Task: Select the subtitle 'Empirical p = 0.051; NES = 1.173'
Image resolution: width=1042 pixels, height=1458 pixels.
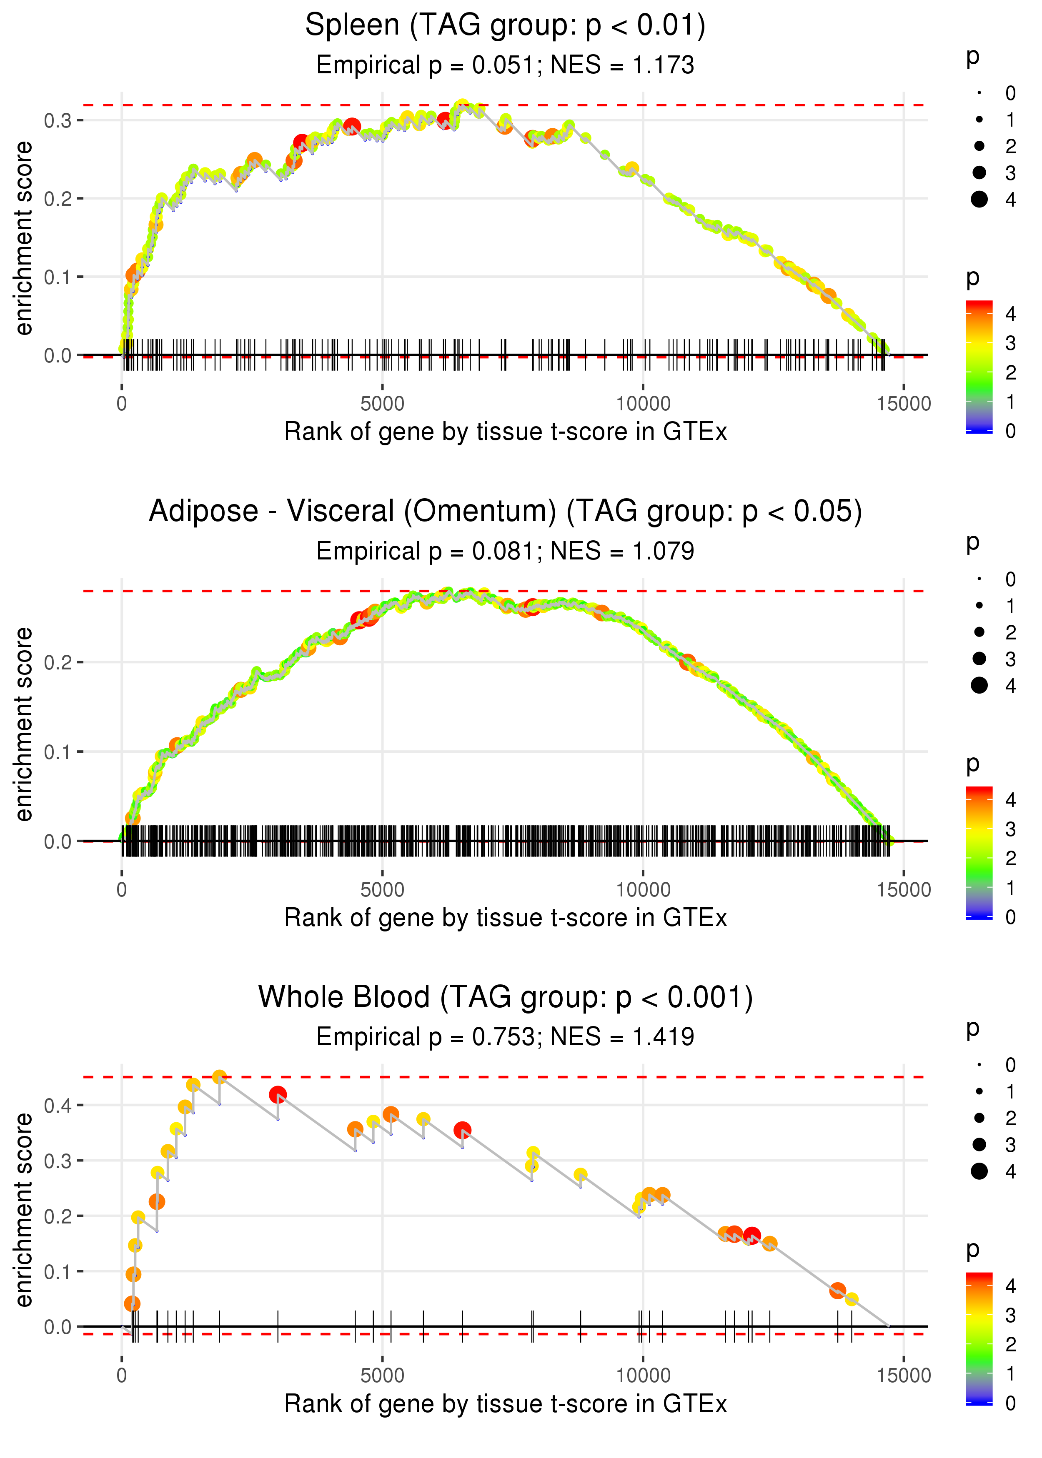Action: coord(505,65)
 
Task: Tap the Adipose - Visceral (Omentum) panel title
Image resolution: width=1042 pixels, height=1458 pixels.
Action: coord(505,512)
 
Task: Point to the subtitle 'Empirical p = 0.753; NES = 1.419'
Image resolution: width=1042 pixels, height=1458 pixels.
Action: coord(505,1037)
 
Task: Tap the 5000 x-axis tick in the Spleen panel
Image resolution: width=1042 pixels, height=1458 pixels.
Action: coord(382,404)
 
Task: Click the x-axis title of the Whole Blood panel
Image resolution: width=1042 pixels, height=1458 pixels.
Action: coord(505,1404)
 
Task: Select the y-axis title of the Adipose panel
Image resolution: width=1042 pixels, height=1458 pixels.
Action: coord(24,724)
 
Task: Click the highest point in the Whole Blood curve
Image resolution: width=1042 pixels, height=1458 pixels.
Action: coord(219,1077)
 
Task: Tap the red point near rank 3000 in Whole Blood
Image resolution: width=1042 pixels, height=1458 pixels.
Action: coord(278,1094)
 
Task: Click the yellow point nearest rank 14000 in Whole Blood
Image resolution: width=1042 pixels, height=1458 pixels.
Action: coord(852,1299)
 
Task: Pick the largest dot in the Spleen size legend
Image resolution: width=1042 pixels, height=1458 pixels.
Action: coord(979,200)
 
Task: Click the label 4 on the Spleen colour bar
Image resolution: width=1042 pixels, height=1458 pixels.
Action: coord(1011,314)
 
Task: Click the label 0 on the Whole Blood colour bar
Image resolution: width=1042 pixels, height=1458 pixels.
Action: coord(1011,1403)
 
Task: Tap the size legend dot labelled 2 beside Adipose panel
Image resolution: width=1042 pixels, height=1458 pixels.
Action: coord(979,632)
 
